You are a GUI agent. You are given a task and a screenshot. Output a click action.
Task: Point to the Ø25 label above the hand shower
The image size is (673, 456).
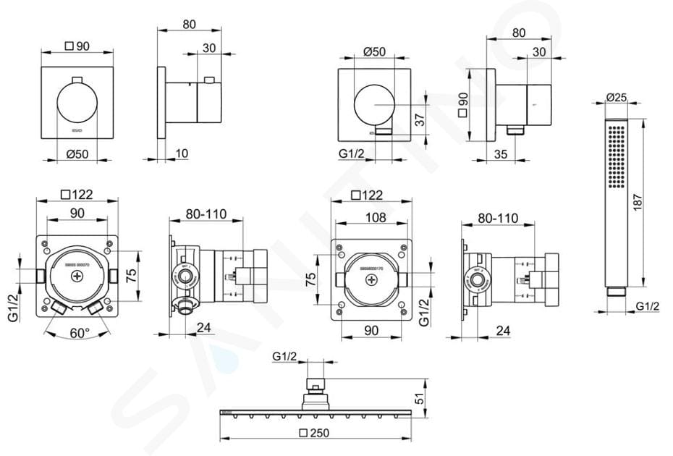click(617, 96)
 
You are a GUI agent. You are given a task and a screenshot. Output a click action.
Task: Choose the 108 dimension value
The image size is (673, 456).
click(375, 218)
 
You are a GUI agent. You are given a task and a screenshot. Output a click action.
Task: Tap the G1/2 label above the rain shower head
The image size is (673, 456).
click(285, 356)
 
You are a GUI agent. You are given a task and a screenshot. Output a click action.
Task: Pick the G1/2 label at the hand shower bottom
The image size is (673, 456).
click(647, 307)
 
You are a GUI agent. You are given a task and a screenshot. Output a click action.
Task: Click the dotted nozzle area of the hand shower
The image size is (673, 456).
click(617, 156)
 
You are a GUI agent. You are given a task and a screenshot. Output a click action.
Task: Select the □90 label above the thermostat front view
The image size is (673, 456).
click(77, 46)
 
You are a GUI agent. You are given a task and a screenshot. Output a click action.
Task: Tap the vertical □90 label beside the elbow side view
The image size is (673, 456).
click(462, 105)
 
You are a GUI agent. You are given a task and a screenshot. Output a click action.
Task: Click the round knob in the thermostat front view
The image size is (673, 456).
click(77, 104)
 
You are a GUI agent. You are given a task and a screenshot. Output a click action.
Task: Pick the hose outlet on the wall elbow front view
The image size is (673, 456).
click(384, 131)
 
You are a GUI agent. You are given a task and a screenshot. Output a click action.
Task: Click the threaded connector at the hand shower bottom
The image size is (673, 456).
click(617, 291)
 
